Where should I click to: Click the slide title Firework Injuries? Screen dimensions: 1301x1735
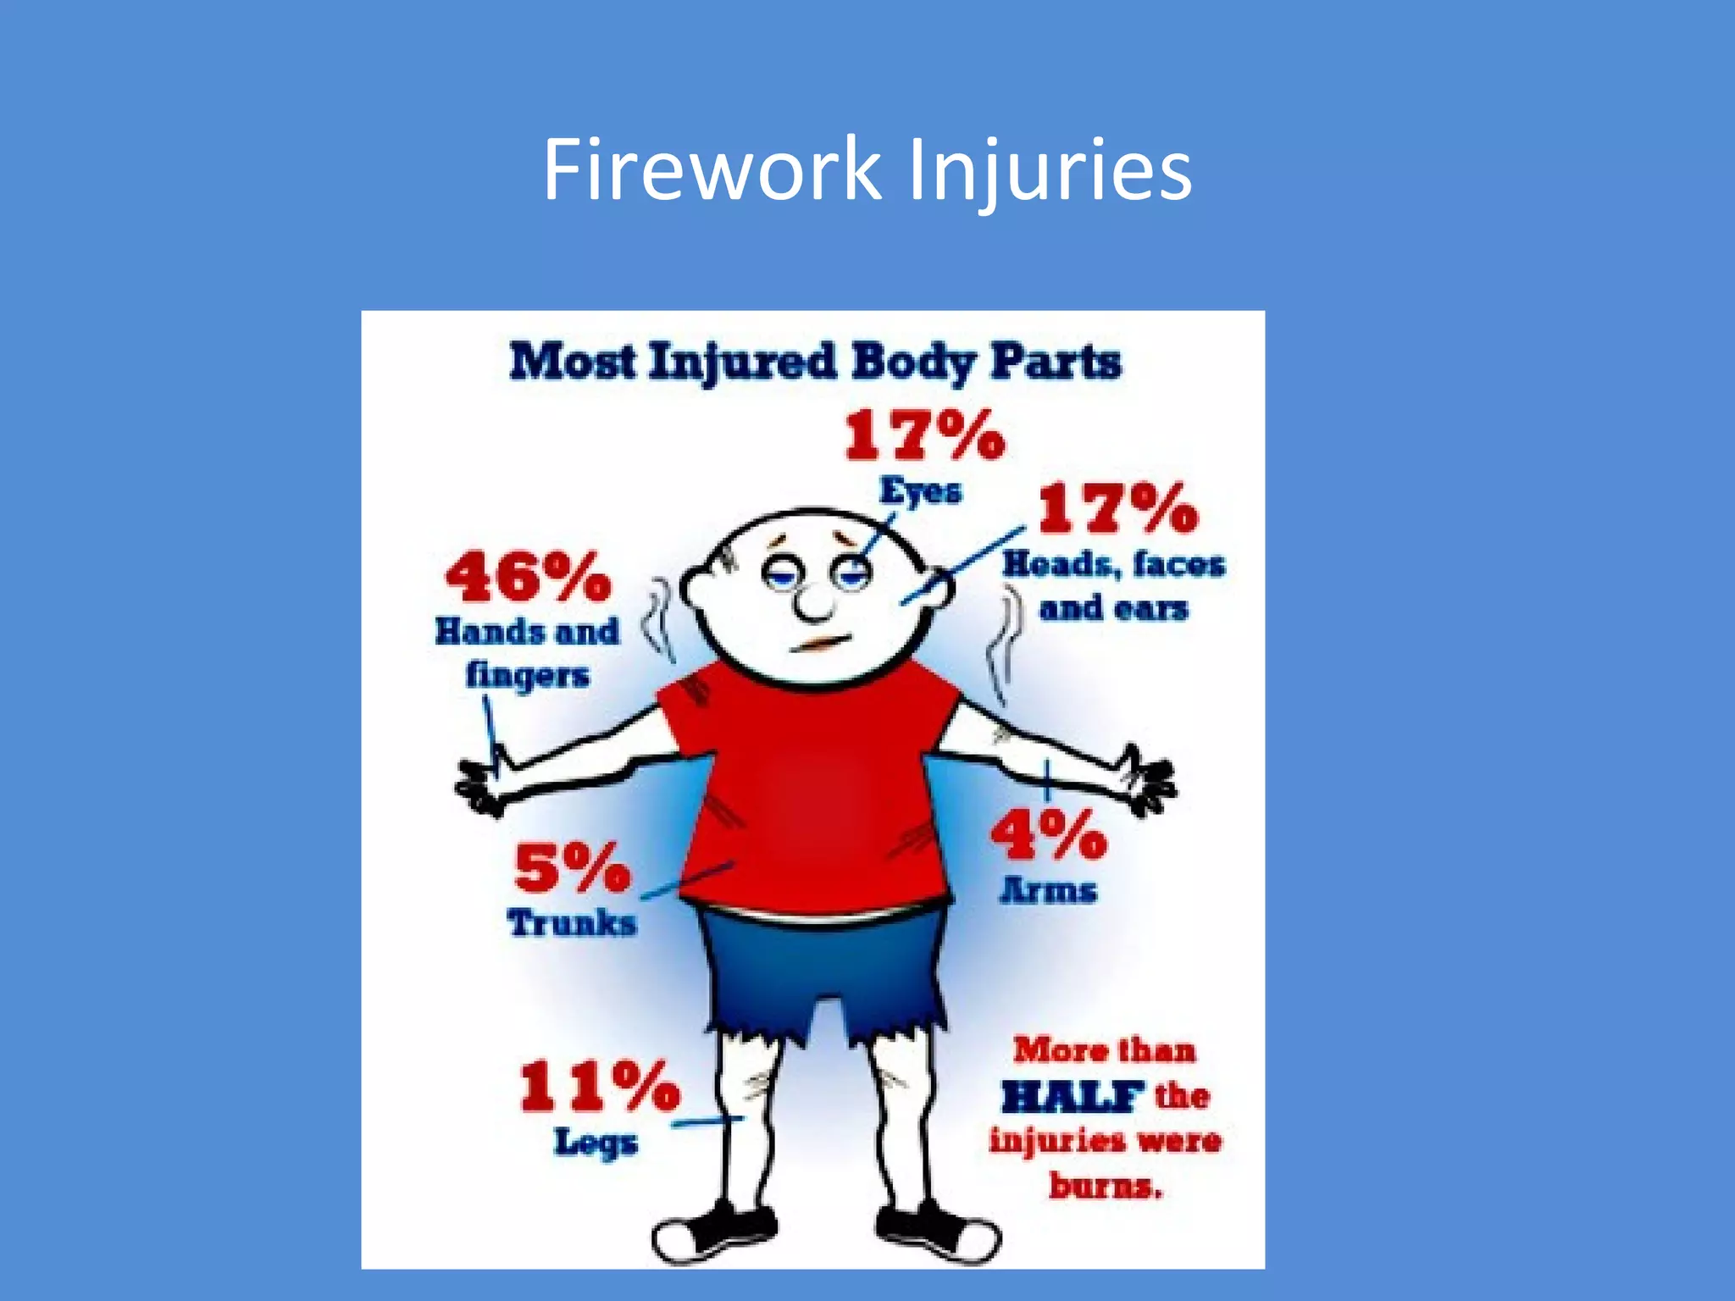point(867,170)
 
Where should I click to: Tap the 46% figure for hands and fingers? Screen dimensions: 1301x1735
point(528,578)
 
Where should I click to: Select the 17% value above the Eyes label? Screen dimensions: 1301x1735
point(924,436)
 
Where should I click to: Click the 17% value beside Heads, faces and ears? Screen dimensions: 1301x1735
point(1117,509)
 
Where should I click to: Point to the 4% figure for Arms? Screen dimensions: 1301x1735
point(1048,834)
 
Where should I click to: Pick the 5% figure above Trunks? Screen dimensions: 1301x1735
point(572,868)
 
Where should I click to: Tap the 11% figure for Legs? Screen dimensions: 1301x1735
point(599,1087)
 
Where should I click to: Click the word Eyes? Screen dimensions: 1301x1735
point(920,491)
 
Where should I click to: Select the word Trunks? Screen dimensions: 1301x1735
point(572,923)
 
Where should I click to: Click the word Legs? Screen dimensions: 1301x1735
point(596,1143)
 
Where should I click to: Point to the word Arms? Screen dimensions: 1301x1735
point(1048,890)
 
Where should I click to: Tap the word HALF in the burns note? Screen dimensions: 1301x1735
point(1071,1097)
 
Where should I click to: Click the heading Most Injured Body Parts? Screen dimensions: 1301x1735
point(815,363)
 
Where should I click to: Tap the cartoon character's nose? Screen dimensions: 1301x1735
point(815,602)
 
